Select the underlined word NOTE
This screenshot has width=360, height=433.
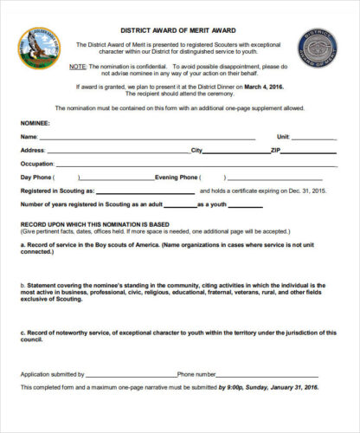pos(79,67)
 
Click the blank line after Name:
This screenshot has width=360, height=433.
pos(147,138)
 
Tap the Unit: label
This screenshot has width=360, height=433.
pos(283,137)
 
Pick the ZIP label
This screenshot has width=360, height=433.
pos(276,150)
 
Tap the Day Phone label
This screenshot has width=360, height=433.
pos(37,177)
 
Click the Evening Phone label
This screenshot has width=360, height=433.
pos(179,177)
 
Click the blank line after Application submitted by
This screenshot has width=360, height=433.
pos(133,374)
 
